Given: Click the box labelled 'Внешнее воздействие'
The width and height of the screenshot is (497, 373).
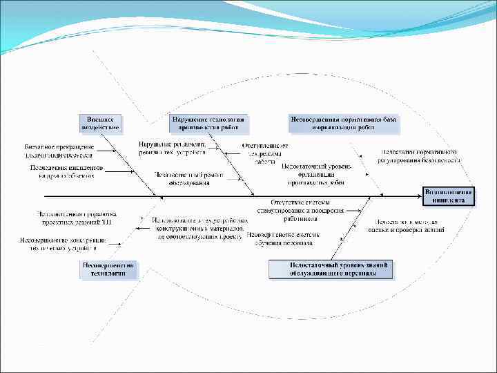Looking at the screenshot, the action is [101, 122].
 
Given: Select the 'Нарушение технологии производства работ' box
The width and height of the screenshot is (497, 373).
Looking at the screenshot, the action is [208, 122].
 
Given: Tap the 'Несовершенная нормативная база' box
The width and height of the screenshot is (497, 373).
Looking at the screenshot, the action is [343, 122].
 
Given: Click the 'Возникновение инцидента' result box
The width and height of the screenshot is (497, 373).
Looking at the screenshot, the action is [449, 195].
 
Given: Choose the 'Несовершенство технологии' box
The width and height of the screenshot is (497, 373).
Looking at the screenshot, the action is [108, 269].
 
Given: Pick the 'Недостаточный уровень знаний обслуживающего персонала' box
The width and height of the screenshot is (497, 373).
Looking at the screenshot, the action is [331, 269].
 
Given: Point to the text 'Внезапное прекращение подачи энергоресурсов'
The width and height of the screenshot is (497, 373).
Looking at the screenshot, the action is [61, 151].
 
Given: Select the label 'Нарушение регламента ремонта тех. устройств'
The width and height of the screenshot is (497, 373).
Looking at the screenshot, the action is [172, 148].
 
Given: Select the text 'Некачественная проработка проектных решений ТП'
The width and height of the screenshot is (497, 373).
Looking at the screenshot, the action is [77, 218].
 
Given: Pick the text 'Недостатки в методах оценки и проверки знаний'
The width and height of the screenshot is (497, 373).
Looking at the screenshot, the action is [407, 224].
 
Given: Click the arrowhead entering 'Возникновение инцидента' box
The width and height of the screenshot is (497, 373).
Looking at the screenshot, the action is [419, 196].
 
